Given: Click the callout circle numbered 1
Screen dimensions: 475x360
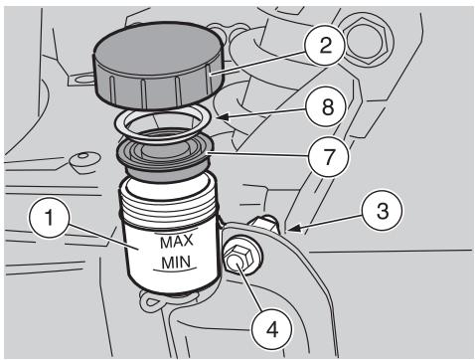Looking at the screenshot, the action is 50,218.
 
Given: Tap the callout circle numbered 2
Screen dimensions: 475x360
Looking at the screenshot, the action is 326,45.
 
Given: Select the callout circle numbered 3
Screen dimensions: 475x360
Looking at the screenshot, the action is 383,210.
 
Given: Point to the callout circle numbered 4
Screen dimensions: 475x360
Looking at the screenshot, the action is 271,329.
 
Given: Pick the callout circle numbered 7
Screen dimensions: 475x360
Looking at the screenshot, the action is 328,156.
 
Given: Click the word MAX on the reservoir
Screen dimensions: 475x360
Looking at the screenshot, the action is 176,242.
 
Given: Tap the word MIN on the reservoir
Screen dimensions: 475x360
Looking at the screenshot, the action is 176,263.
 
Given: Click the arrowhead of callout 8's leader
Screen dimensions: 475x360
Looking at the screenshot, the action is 222,116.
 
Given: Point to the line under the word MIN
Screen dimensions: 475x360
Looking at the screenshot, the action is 176,270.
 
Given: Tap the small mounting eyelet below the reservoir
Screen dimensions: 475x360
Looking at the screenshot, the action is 153,300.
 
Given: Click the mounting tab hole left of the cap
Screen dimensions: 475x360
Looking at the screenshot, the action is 82,80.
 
